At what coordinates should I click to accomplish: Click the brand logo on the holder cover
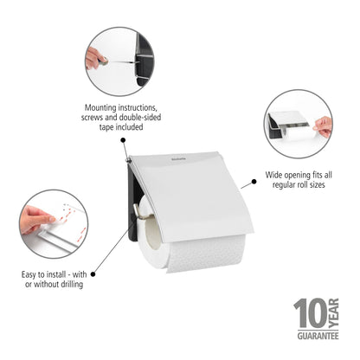coord(178,158)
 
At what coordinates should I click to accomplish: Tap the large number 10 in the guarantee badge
coord(311,312)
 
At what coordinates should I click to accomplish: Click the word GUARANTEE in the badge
coord(318,336)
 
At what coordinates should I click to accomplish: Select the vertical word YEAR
coord(334,313)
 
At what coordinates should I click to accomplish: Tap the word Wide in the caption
coord(273,175)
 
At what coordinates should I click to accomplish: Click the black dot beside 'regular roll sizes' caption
coord(254,182)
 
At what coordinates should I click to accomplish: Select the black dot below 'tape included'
coord(123,140)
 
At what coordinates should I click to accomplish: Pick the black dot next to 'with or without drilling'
coord(93,274)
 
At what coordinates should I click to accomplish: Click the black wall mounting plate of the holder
coord(132,202)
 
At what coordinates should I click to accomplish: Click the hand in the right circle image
coord(323,126)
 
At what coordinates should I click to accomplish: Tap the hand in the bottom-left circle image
coord(36,220)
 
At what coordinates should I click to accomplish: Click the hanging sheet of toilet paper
coord(206,254)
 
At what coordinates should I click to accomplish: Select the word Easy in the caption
coord(29,274)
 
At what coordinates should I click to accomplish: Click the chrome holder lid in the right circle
coord(288,119)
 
